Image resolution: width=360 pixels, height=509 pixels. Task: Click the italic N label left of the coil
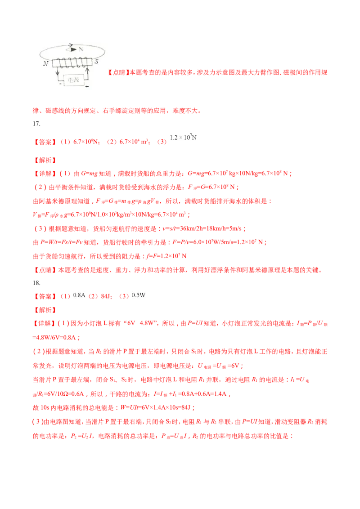46,64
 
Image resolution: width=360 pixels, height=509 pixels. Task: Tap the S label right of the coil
96,61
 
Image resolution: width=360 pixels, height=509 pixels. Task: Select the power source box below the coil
72,80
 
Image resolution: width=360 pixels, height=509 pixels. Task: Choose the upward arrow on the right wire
88,71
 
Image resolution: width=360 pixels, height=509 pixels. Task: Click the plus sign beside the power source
86,85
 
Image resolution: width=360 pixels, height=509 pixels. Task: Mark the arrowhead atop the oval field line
70,45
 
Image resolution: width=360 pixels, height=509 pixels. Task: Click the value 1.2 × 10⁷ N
184,137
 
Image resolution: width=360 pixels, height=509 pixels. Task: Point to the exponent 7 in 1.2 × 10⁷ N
191,134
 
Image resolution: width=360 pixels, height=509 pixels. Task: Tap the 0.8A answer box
79,295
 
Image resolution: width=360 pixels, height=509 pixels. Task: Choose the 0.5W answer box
138,295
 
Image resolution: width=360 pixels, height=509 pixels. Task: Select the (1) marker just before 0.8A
65,296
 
